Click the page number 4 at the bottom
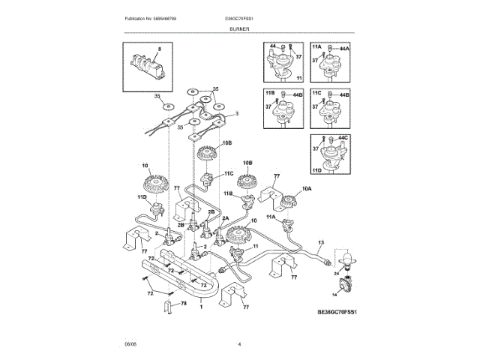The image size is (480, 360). tap(239, 344)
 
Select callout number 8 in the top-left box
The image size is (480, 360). tap(159, 49)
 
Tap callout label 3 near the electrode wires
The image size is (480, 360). tap(237, 113)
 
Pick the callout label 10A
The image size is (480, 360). tap(306, 189)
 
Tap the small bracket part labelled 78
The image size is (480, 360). tap(169, 304)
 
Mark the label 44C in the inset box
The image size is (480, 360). tap(344, 139)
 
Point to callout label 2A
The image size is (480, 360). tap(226, 217)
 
